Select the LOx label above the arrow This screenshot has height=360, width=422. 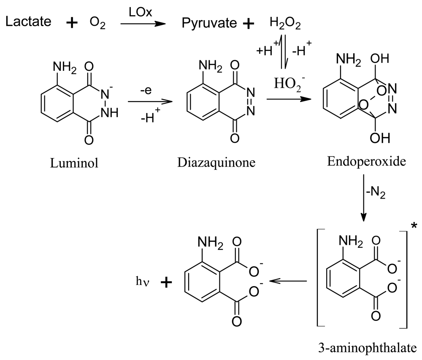(x=138, y=13)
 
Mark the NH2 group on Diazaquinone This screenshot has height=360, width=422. (x=209, y=67)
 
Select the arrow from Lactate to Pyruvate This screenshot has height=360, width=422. (x=142, y=24)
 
